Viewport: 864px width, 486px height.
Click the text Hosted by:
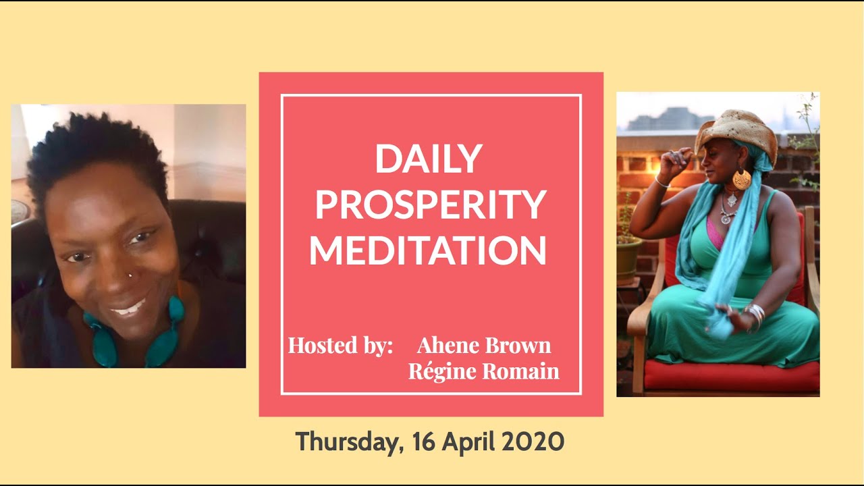(x=340, y=345)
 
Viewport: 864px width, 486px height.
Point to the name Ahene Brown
(x=484, y=345)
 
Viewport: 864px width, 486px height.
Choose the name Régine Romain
(x=484, y=371)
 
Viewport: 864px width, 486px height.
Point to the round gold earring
(x=741, y=179)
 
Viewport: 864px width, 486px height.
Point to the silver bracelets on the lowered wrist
(x=755, y=314)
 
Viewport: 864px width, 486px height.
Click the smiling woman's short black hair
(x=94, y=148)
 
